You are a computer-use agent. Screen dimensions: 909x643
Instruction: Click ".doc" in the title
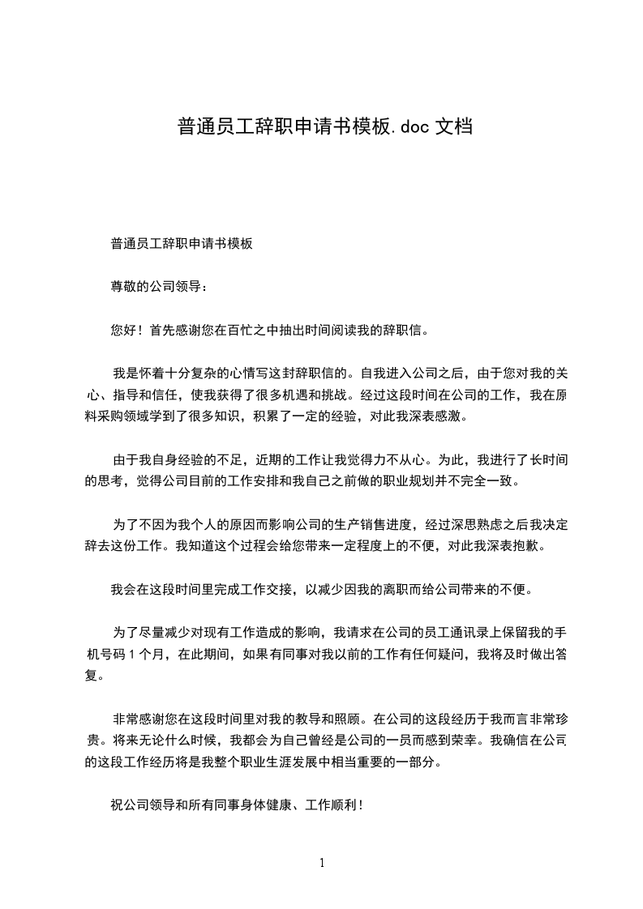411,126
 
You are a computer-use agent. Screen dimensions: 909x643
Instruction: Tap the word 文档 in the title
453,126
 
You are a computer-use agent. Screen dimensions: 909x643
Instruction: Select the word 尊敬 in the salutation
124,286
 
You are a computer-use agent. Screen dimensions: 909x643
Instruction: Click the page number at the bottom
322,863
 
